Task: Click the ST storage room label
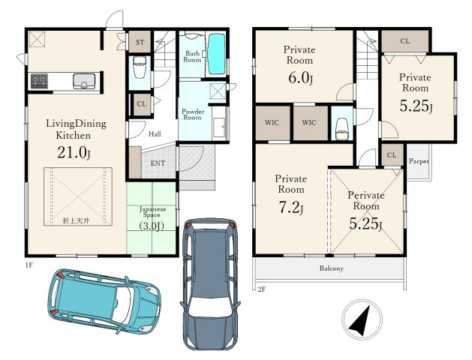pos(140,43)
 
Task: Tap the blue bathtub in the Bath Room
pos(217,54)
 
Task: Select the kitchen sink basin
pos(84,81)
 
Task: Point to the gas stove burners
pos(39,81)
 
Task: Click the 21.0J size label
pos(74,153)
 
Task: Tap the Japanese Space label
pos(152,211)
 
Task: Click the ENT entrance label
pos(158,163)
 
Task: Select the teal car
pos(104,301)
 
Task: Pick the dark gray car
pos(210,284)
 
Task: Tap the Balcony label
pos(332,268)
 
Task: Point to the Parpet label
pos(419,161)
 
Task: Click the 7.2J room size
pos(291,208)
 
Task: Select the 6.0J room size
pos(300,78)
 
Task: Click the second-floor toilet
pos(342,129)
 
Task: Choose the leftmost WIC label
pos(272,123)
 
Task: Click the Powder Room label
pos(193,114)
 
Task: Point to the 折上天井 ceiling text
pos(76,220)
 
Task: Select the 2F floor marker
pos(261,289)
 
